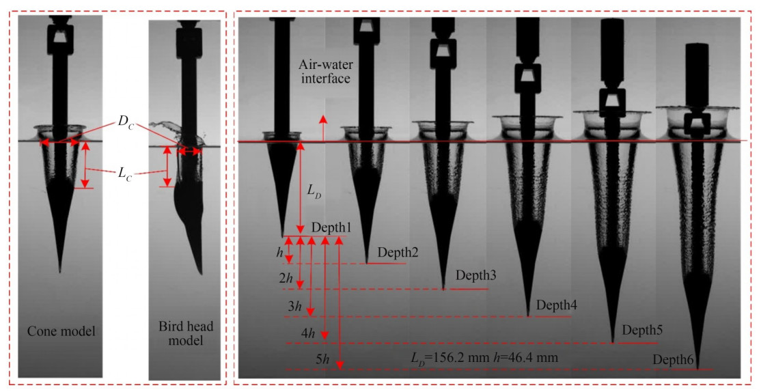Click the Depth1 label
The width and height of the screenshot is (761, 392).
tap(331, 227)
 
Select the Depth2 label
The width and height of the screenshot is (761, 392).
tap(398, 252)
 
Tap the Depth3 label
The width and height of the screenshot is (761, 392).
tap(476, 276)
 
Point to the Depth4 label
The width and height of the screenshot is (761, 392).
tap(556, 305)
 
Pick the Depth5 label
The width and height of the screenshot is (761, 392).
tap(642, 331)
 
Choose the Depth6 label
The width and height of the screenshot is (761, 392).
tap(673, 360)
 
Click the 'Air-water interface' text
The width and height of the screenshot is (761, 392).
tap(324, 71)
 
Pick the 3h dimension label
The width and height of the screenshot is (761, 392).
tap(296, 306)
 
